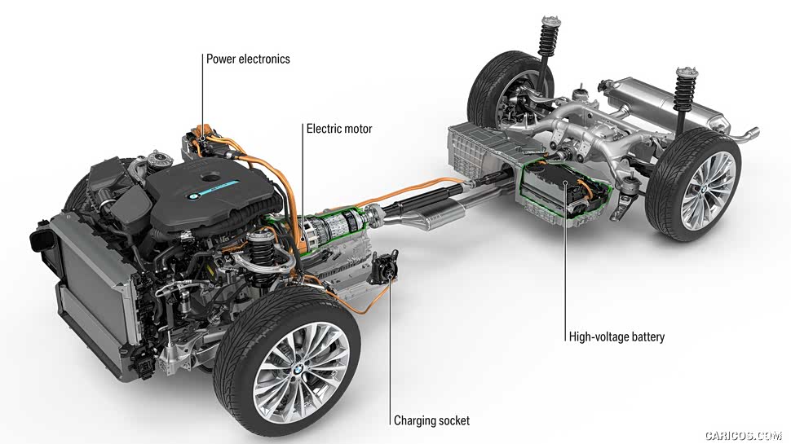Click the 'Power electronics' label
coord(248,59)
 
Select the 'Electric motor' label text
coord(338,129)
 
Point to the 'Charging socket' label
coord(431,420)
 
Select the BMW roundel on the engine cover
coord(194,196)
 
